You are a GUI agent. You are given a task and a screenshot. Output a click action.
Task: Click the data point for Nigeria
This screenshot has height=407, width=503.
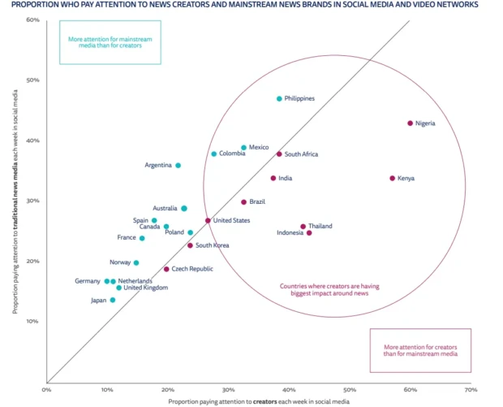coord(410,123)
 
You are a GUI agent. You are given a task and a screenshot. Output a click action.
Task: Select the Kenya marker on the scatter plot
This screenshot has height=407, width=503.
coord(392,178)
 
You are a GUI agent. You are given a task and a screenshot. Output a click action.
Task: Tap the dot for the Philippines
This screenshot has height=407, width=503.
coord(279,99)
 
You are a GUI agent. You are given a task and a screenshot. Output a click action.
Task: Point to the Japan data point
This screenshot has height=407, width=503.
coord(112,300)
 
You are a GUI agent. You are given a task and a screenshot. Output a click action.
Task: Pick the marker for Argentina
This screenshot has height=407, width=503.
coord(178,166)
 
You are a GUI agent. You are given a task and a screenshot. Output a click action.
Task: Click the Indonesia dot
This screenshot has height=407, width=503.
coord(309,233)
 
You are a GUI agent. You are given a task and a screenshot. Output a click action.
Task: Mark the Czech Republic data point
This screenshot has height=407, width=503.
coord(166,269)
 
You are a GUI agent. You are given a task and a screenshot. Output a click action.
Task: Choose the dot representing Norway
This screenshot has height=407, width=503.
coord(136,262)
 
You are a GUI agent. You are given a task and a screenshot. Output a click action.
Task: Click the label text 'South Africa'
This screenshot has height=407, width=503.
coord(301,154)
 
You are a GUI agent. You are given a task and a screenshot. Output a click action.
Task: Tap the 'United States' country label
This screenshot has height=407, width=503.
coord(231,220)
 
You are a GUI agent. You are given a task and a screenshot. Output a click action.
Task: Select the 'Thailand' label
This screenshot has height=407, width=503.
coord(320,226)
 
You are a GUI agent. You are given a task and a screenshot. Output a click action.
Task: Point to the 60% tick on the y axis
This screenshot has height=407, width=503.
coord(33,19)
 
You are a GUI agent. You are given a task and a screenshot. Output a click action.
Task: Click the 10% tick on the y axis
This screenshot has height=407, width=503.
coord(33,321)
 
